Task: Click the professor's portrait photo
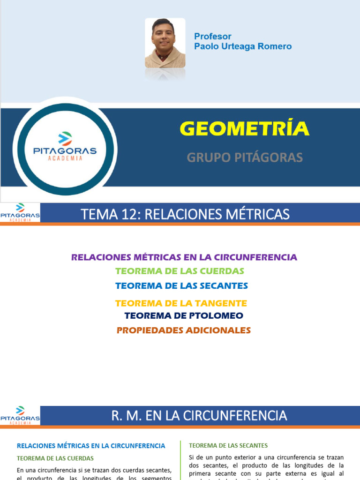(x=165, y=43)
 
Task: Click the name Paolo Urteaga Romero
(x=243, y=46)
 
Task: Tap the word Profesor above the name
(x=213, y=37)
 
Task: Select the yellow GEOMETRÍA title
(x=245, y=128)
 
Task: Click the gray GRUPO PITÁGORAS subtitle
(x=245, y=157)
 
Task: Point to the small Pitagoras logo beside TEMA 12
(x=20, y=212)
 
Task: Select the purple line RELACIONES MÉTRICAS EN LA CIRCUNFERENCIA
(x=184, y=257)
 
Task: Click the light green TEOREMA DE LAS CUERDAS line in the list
(x=180, y=271)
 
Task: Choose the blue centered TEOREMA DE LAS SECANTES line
(x=181, y=285)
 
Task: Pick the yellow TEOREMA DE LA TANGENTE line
(x=181, y=303)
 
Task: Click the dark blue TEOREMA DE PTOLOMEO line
(x=184, y=316)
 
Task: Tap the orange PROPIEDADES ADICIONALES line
(x=184, y=330)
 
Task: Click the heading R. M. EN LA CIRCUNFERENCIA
(x=199, y=415)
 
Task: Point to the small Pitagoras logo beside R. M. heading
(x=20, y=415)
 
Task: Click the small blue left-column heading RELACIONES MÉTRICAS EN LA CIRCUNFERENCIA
(x=91, y=446)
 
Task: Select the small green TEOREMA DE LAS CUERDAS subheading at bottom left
(x=55, y=458)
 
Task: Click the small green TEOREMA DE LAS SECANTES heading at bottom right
(x=228, y=445)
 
